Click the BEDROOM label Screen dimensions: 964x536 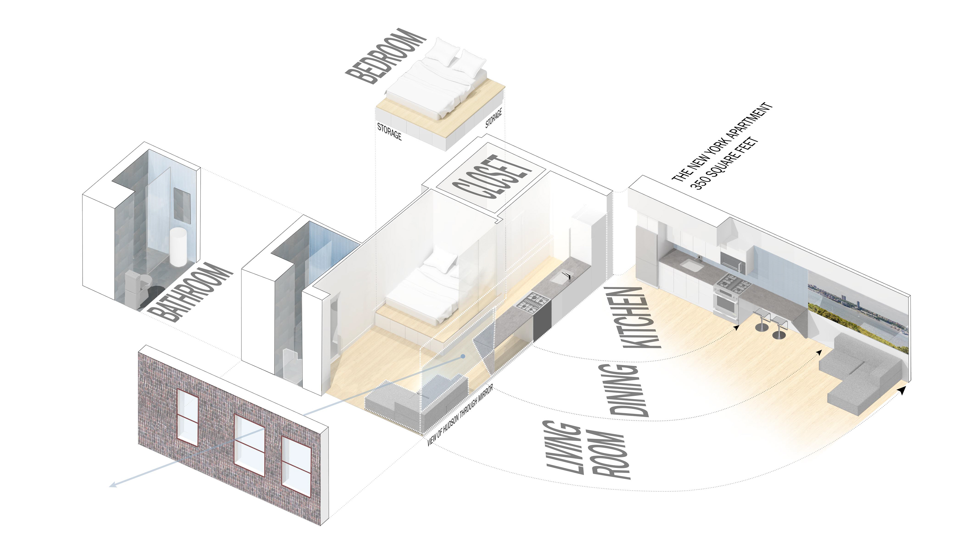point(385,56)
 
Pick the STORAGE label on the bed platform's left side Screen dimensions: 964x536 point(389,132)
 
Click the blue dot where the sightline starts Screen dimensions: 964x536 point(463,356)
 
